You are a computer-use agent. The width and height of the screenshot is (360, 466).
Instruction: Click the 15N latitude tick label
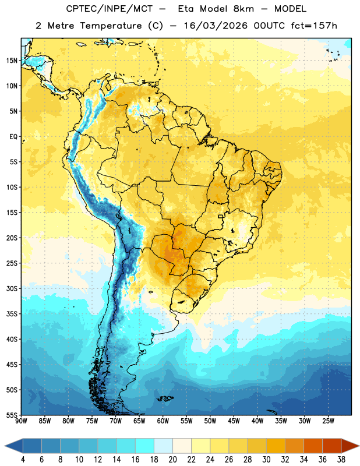[x=12, y=61]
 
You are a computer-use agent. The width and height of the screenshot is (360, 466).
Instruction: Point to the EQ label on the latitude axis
[x=13, y=137]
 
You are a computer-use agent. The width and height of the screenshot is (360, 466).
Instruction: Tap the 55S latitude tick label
[x=12, y=415]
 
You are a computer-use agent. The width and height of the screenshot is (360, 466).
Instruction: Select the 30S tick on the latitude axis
[x=12, y=288]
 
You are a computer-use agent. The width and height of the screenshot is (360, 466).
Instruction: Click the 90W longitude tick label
[x=21, y=421]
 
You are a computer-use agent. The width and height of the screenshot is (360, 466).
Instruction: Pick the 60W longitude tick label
[x=163, y=421]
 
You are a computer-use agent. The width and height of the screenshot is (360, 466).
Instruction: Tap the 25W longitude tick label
[x=328, y=421]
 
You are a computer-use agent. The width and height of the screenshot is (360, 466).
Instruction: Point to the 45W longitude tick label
[x=234, y=421]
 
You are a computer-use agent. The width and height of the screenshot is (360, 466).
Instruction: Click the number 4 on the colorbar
[x=23, y=460]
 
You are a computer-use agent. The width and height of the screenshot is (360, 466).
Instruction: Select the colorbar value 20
[x=172, y=460]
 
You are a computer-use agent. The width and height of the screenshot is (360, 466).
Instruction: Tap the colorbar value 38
[x=341, y=460]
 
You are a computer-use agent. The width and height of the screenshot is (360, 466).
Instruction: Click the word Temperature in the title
[x=111, y=26]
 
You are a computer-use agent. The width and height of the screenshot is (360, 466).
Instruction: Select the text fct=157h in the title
[x=314, y=26]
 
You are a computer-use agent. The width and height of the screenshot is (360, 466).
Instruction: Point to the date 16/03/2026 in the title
[x=216, y=26]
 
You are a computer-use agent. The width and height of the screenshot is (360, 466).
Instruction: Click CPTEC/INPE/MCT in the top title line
[x=109, y=9]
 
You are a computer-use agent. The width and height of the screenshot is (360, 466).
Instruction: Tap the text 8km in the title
[x=243, y=9]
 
